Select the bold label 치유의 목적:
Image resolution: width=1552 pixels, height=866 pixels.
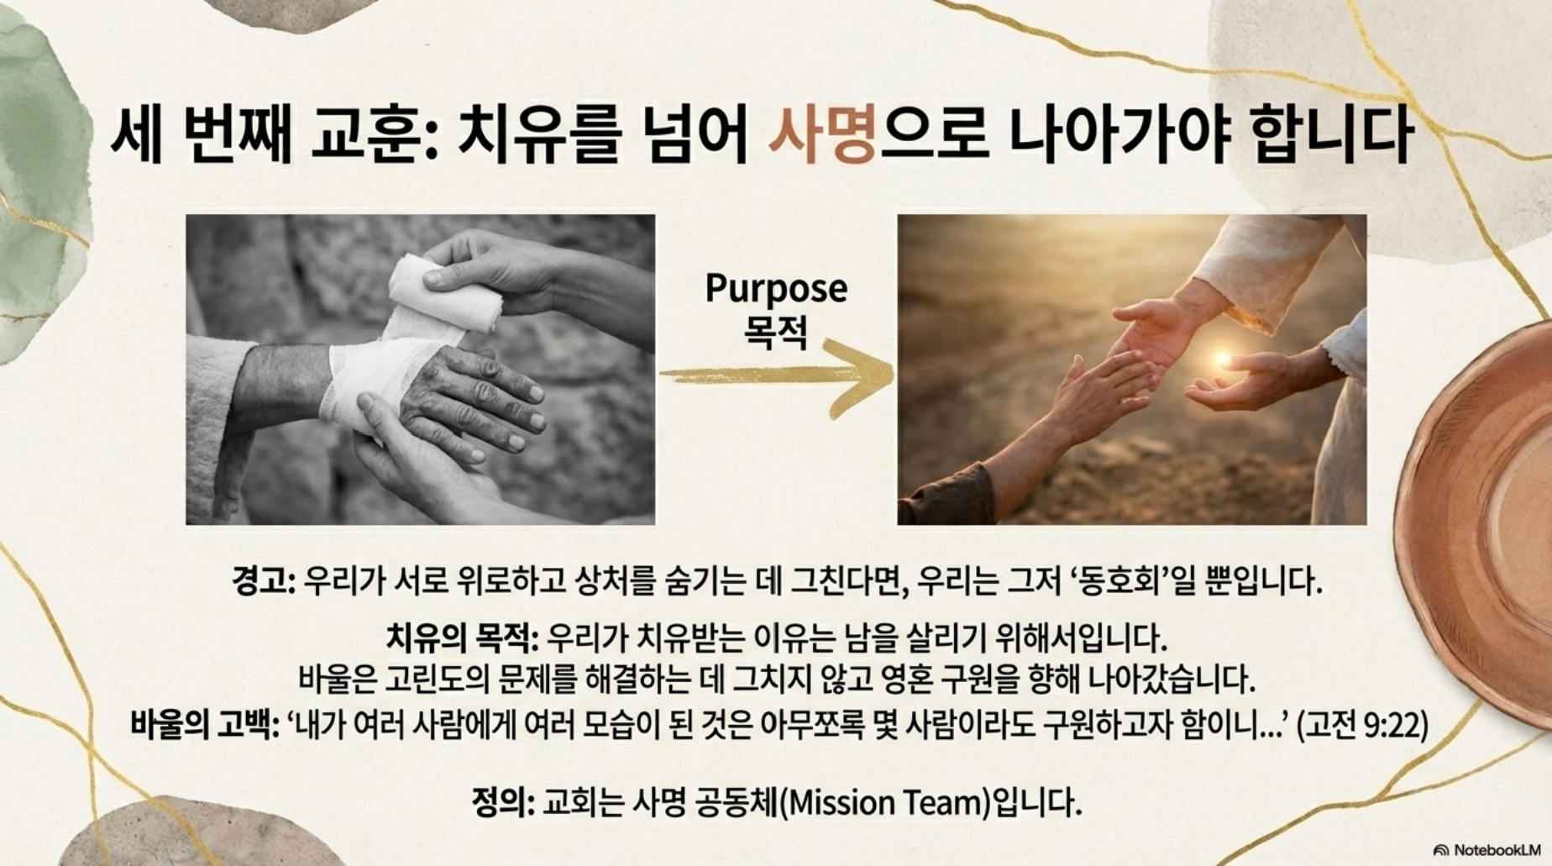click(462, 638)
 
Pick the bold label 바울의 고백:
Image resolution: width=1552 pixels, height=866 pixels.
click(204, 723)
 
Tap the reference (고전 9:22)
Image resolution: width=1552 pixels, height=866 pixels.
click(1362, 723)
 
